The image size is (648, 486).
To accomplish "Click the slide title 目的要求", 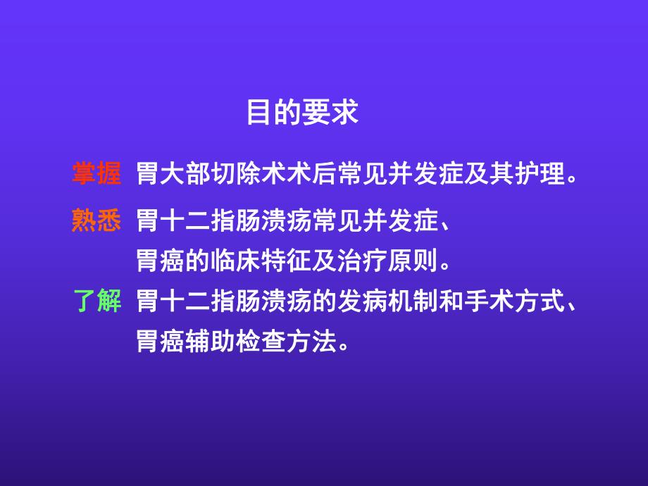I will point(302,113).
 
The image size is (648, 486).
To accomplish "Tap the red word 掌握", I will point(96,173).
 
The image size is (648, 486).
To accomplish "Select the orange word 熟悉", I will point(96,220).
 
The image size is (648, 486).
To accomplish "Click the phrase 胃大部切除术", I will point(203,174).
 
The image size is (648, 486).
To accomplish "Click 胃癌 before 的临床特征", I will point(159,262).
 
